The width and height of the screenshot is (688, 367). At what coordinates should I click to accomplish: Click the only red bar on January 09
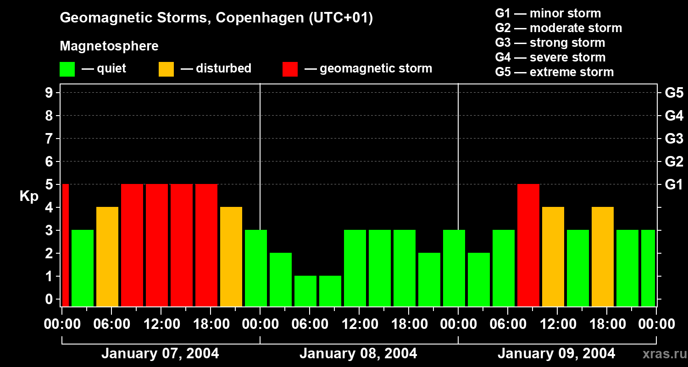coord(528,245)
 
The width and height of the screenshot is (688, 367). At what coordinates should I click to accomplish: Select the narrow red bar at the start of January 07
coord(65,245)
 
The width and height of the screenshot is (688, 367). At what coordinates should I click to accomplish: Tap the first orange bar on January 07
coord(107,256)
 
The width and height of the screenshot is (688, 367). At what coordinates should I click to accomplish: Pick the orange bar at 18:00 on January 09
coord(602,256)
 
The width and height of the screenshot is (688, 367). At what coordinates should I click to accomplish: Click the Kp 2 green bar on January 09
coord(478,279)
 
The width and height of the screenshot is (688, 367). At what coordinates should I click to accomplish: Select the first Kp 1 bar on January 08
coord(305,291)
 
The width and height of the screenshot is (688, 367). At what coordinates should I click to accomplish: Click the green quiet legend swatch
coord(67,69)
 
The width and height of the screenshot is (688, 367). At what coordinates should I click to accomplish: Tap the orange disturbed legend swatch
coord(166,69)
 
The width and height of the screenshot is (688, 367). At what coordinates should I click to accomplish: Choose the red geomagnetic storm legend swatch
coord(290,69)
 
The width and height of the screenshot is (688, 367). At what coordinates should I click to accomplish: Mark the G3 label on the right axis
coord(674,139)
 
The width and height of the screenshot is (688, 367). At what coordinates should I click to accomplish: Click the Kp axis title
coord(29,196)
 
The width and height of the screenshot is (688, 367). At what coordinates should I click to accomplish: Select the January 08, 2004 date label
coord(358,354)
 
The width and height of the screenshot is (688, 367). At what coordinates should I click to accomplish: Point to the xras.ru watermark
coord(664,354)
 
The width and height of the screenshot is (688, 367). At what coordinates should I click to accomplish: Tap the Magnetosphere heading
coord(109,46)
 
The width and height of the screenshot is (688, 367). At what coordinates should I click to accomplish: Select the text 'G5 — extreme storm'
coord(554,72)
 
